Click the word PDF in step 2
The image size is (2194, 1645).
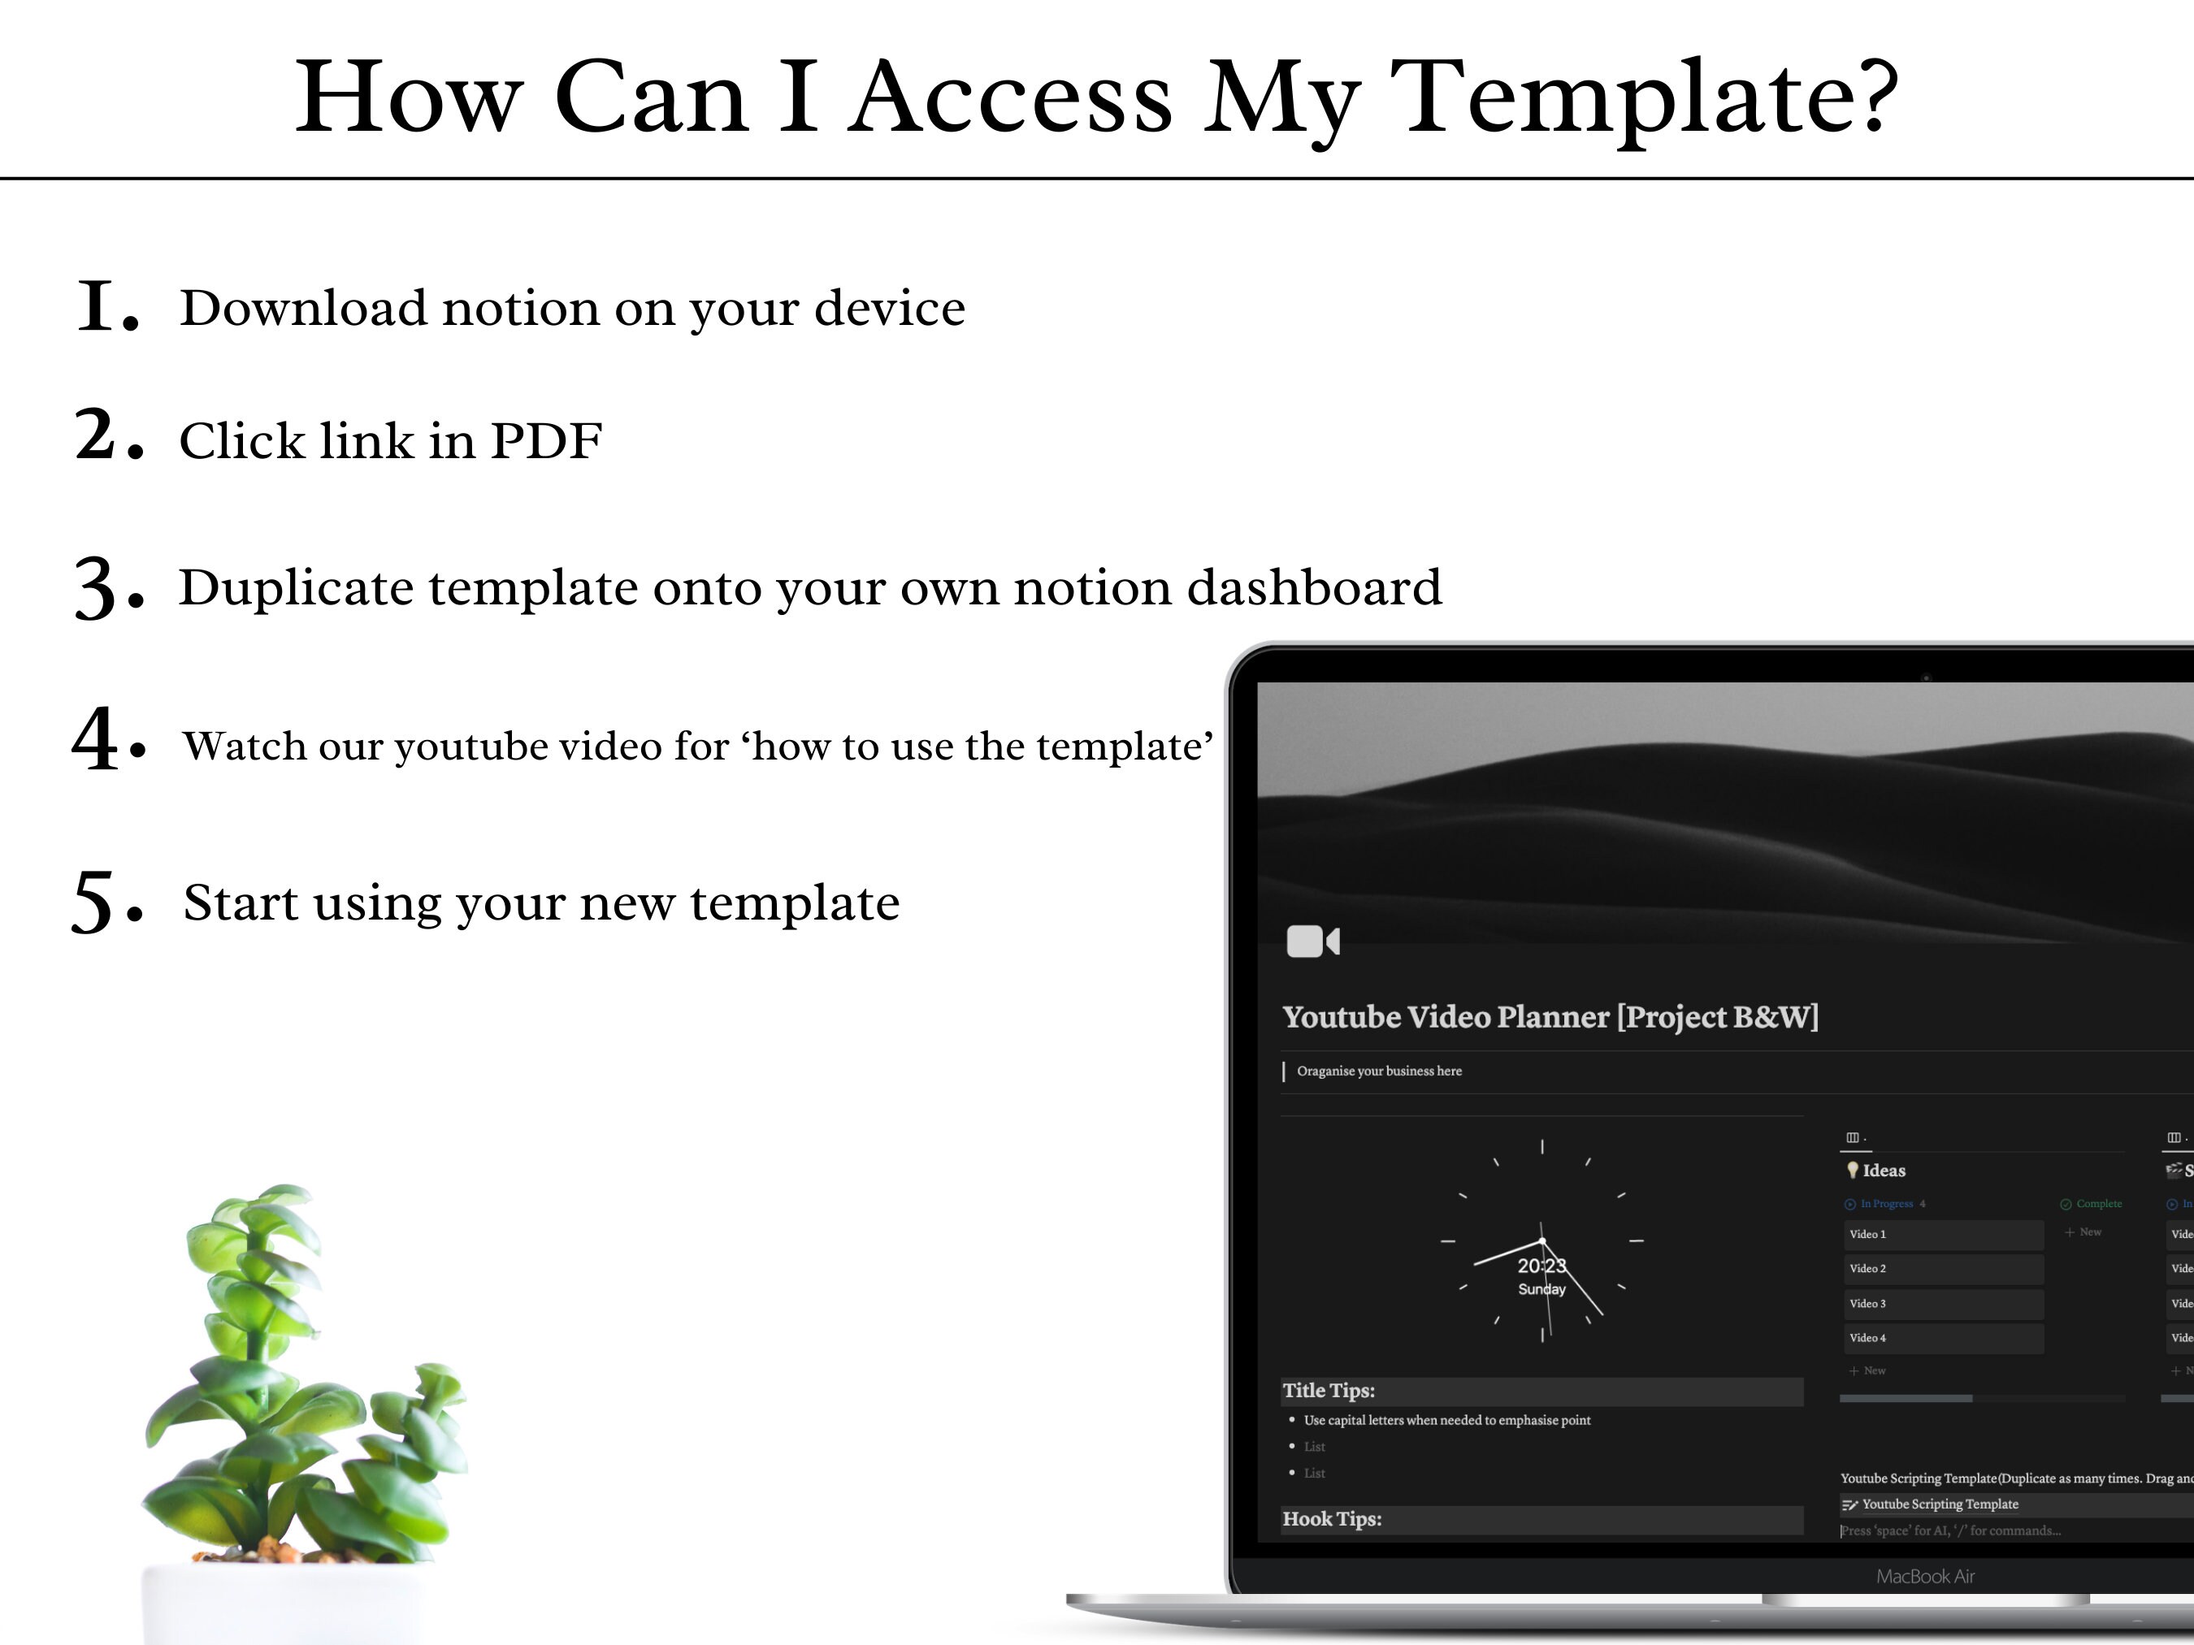(x=545, y=441)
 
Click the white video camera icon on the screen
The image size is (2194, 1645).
(x=1312, y=941)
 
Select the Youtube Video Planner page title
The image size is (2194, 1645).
(x=1550, y=1017)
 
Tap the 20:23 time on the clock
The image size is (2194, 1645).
(x=1541, y=1266)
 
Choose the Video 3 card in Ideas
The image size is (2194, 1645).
(x=1942, y=1304)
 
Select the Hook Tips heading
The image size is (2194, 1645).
(x=1331, y=1519)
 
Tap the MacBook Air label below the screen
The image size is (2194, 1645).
(x=1925, y=1577)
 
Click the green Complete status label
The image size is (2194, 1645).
(x=2098, y=1204)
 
